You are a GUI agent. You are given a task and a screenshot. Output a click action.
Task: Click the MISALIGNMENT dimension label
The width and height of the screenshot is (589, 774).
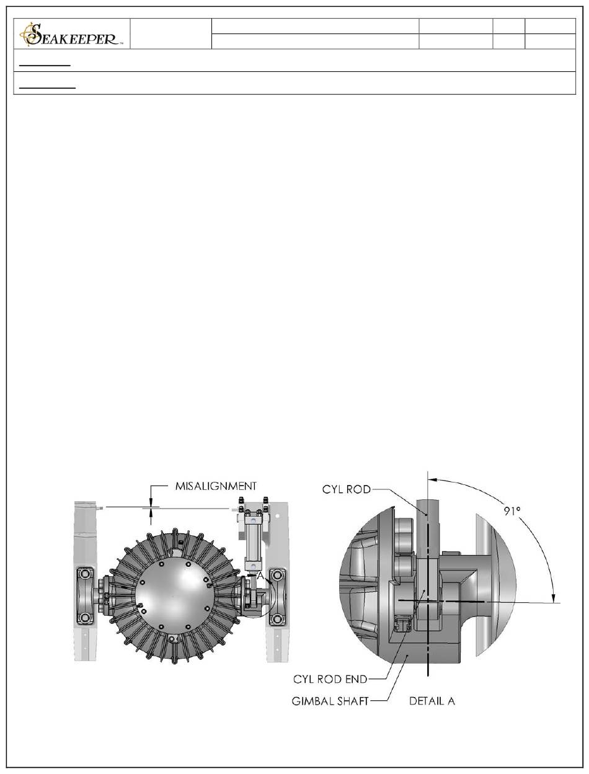pos(216,486)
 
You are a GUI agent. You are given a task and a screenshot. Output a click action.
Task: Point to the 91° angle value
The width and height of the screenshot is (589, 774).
pos(511,511)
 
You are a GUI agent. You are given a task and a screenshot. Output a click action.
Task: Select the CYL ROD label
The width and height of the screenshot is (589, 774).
pos(346,489)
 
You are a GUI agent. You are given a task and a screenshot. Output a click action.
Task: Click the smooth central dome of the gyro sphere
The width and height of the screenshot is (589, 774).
pos(174,597)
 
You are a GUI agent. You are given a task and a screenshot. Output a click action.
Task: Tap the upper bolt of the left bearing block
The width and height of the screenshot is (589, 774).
pos(84,574)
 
